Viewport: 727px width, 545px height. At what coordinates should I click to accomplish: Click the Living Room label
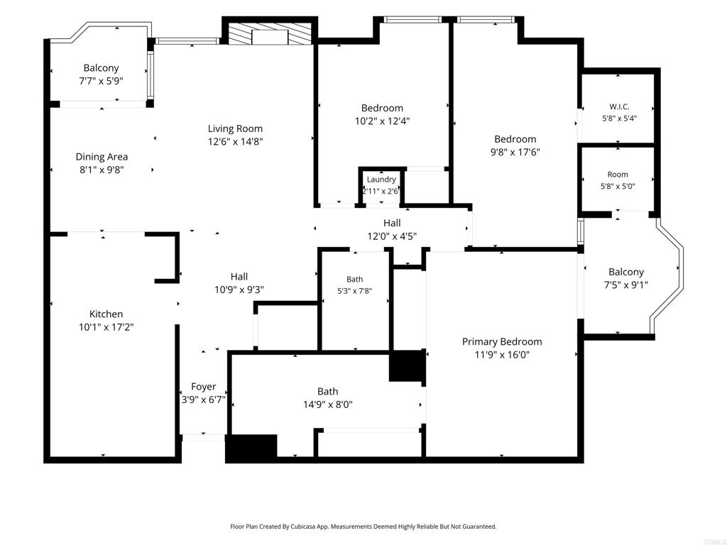235,128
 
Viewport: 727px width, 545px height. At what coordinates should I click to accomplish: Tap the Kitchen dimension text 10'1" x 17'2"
106,327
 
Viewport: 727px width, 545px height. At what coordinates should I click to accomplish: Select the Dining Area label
102,157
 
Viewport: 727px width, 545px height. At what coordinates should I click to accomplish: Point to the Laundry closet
381,185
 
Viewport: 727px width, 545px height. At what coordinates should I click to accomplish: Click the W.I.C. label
619,106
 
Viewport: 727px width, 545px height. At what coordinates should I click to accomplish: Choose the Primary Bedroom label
502,341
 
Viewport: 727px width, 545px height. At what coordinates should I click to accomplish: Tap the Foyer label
204,387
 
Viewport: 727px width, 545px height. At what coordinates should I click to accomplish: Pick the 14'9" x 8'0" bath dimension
328,404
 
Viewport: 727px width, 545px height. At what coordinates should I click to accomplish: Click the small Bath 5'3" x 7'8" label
355,285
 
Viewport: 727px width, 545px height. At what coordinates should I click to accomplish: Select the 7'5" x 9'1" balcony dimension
626,285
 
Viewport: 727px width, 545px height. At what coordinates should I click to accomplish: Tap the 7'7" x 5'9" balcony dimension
101,81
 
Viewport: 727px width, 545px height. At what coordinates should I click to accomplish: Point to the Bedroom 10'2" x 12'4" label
382,114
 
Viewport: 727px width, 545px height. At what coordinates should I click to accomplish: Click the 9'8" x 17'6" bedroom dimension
515,152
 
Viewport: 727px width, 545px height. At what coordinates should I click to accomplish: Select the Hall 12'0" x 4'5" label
392,229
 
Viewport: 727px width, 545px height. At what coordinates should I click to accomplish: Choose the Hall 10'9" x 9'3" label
239,283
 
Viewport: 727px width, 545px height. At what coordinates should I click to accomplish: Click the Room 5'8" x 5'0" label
618,180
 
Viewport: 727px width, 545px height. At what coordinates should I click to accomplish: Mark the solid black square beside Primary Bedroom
407,366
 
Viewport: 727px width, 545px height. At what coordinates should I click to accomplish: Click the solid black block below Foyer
251,448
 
